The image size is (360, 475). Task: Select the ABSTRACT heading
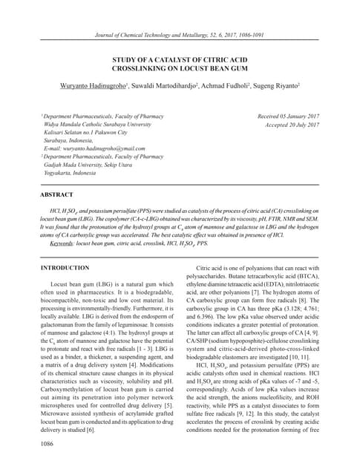[57, 194]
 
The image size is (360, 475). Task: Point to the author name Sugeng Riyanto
[277, 87]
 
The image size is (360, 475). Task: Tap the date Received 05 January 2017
[288, 117]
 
